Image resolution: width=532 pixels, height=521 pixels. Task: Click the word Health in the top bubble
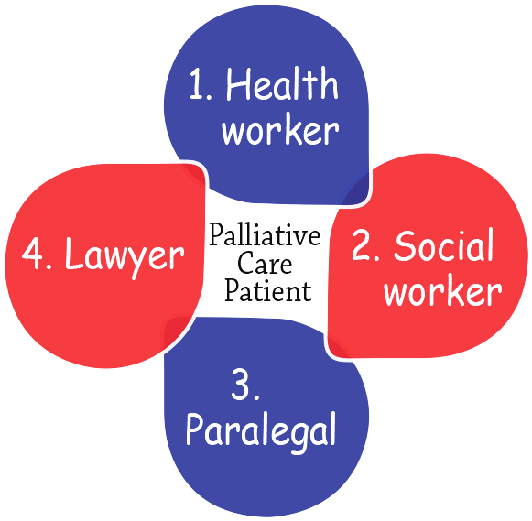coord(282,83)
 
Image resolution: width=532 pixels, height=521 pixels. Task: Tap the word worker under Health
coord(280,131)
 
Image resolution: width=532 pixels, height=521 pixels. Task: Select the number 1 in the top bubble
coord(197,83)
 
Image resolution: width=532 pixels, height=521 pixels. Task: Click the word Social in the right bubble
coord(443,245)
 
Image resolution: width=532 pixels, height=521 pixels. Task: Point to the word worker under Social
coord(443,291)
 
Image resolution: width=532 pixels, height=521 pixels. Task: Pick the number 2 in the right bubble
coord(363,245)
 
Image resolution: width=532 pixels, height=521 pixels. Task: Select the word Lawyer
coord(125,256)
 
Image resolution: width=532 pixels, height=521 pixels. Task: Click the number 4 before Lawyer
coord(33,254)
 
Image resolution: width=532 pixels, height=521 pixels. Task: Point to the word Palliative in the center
coord(265,234)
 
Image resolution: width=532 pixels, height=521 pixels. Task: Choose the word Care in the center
coord(265,263)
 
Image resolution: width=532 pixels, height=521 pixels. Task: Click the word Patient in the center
coord(268,291)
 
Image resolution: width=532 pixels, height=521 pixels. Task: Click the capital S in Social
coord(405,245)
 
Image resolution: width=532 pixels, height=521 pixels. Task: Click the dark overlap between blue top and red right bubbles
coord(355,190)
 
